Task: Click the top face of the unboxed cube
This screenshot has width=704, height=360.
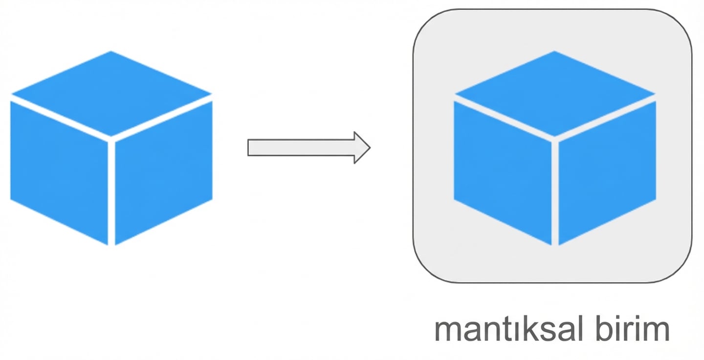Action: pos(111,93)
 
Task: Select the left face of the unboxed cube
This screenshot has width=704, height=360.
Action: pos(59,171)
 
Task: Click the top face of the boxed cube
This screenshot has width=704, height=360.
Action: pos(555,93)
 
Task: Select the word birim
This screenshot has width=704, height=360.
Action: pos(631,330)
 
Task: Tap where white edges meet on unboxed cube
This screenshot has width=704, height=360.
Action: pos(111,139)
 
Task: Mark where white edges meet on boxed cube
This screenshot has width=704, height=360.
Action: pos(555,139)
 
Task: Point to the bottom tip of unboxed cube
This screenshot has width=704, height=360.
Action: pos(111,244)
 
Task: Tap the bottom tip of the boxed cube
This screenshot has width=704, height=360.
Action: pos(555,244)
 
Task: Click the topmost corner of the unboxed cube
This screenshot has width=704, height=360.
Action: pos(111,52)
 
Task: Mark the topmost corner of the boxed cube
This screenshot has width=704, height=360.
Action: pos(554,52)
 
